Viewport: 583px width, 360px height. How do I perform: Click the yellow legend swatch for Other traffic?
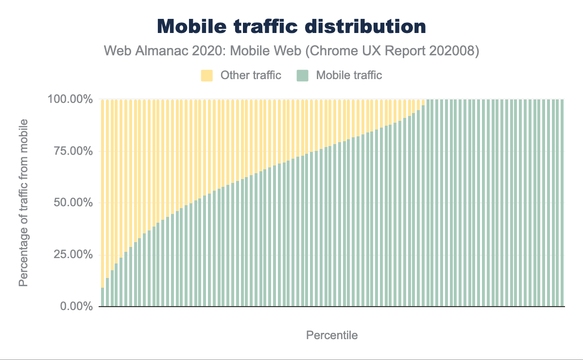207,75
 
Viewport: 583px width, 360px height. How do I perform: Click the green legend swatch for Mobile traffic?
302,75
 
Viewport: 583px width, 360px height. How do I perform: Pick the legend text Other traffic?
251,75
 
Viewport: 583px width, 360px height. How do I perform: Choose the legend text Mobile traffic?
349,75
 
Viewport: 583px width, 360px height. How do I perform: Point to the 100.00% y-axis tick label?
70,99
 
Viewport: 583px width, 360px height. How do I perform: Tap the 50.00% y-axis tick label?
72,203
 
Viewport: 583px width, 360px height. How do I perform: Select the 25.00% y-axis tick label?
72,255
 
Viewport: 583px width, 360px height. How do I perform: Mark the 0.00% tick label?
75,306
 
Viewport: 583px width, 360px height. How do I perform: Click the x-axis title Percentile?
332,335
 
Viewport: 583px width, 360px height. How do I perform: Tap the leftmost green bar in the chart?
103,297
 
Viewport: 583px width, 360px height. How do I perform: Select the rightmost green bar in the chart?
562,204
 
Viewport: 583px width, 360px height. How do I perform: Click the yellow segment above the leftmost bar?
103,194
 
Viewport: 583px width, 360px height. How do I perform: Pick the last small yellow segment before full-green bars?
423,102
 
